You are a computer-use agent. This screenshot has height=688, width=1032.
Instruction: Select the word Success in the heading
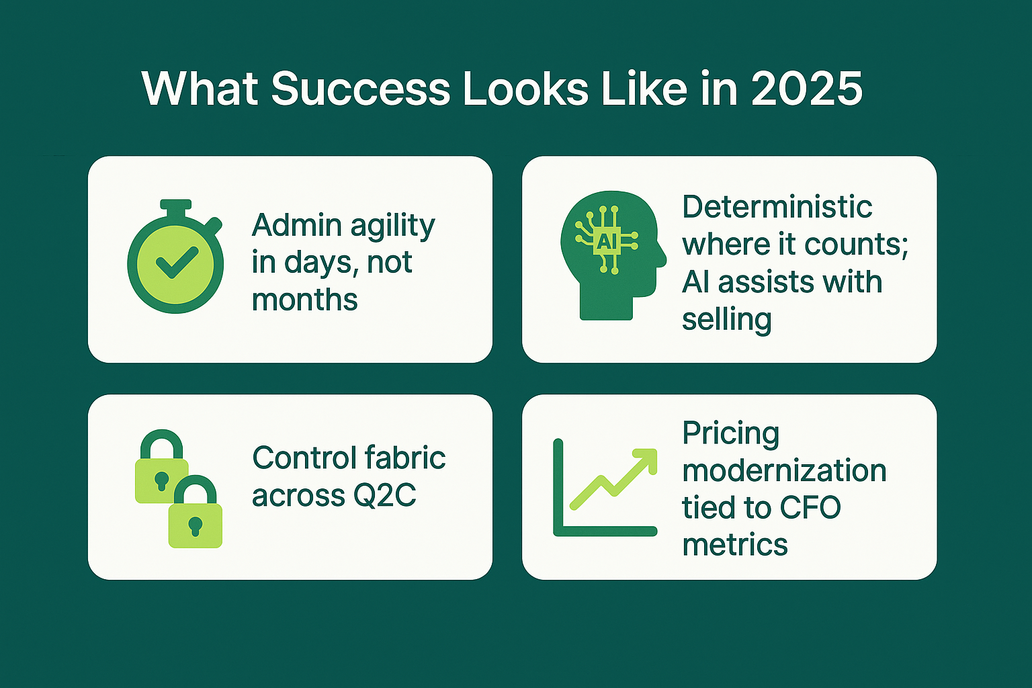pos(360,88)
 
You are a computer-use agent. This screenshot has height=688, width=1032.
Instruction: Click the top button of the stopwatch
pos(176,204)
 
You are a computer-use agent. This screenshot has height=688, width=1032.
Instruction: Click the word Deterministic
pos(777,206)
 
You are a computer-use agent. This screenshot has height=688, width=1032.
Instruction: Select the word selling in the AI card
pos(726,319)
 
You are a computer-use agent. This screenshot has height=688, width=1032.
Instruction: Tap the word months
pos(304,300)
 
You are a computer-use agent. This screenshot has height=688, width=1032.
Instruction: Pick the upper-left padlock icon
pos(161,468)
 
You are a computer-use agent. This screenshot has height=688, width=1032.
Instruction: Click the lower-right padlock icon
pos(195,513)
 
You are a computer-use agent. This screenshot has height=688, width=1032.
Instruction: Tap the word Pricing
pos(730,433)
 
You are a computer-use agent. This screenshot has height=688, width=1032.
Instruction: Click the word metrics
pos(734,544)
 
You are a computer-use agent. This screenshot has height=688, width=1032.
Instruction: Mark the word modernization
pos(784,470)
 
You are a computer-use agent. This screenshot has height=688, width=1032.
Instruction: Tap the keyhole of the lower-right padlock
pos(195,525)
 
